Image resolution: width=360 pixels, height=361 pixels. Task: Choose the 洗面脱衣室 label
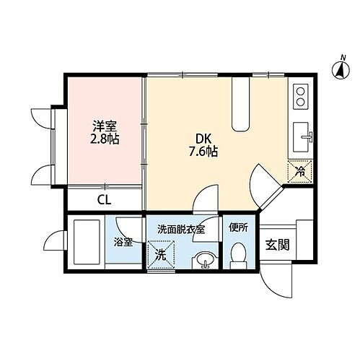coord(181,229)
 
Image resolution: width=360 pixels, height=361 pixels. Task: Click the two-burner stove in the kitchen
coord(301,96)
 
